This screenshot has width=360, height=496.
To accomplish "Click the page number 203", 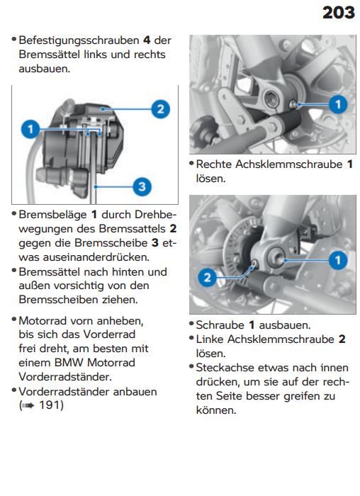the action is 339,13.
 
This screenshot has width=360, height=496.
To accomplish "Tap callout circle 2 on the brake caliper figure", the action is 161,109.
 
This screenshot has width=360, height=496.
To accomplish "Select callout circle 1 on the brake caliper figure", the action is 30,129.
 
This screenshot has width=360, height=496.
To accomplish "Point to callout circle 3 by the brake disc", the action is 142,186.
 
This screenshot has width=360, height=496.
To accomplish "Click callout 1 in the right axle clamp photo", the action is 338,104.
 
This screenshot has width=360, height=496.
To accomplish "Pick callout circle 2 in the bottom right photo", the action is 207,278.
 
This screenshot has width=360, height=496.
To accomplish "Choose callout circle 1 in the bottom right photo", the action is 338,260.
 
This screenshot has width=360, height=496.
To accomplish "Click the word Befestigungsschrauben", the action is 79,40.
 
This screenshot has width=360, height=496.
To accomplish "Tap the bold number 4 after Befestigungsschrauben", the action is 147,40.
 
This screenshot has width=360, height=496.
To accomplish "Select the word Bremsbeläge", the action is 53,215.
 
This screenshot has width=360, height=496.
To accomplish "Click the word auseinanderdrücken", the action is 96,257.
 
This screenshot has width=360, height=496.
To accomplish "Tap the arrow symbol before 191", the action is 28,405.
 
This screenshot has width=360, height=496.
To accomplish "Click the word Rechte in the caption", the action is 214,164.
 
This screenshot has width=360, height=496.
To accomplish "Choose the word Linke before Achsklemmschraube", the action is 210,339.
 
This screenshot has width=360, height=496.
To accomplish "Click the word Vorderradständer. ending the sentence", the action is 65,377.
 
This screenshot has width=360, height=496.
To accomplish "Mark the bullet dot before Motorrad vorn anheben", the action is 14,319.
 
